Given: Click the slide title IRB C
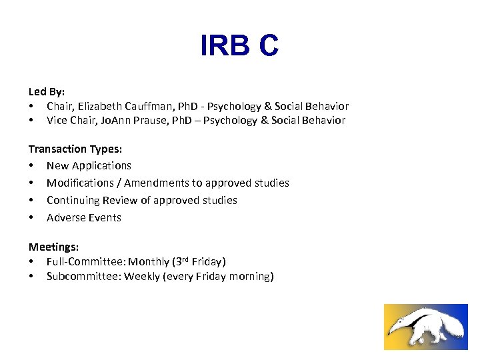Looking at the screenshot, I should click(239, 46).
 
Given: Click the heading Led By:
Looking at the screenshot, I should click(46, 92).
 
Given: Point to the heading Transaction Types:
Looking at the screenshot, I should click(75, 149).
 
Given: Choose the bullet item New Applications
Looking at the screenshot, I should click(89, 166).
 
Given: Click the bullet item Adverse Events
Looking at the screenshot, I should click(83, 217).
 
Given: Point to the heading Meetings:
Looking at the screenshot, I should click(53, 247).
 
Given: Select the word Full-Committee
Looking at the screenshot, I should click(85, 262).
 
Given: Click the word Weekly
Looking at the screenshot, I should click(141, 277).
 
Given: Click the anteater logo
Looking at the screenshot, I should click(425, 327).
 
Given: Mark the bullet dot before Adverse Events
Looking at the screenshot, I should click(31, 217).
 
